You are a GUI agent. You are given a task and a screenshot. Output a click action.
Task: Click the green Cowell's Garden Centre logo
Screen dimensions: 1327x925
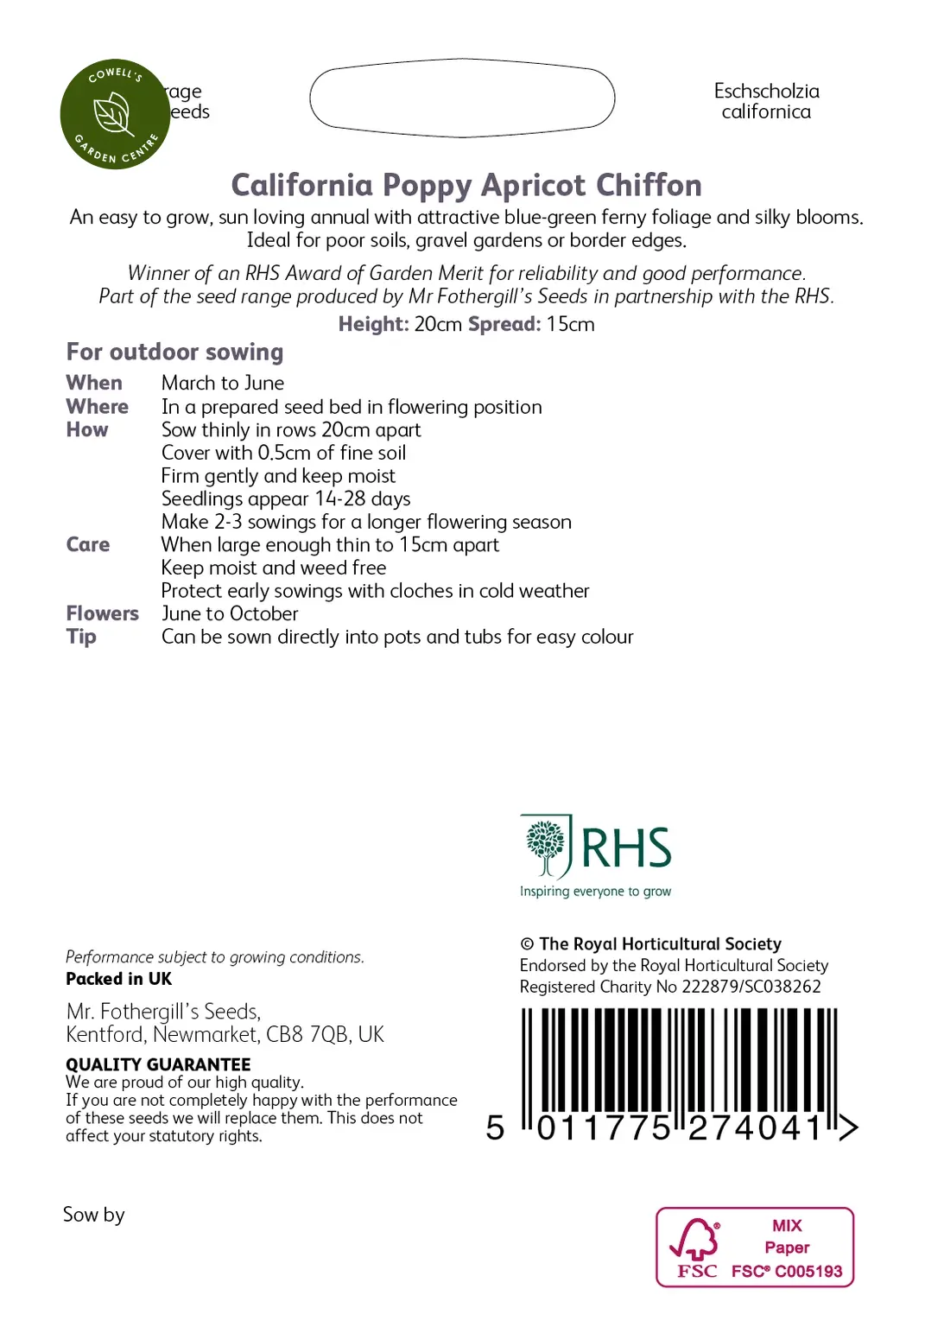click(x=115, y=114)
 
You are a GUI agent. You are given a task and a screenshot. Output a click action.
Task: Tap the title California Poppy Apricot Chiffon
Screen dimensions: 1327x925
click(x=466, y=185)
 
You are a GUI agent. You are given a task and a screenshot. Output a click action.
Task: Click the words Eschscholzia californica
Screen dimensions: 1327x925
click(x=766, y=101)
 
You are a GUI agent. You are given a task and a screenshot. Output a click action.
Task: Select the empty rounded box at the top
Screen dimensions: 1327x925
click(x=462, y=98)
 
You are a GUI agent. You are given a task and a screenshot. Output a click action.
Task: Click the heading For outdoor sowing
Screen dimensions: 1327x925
click(x=174, y=352)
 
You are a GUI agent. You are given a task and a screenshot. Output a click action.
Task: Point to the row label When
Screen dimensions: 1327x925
click(x=94, y=383)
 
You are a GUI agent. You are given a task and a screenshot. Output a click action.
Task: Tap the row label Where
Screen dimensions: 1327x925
click(x=97, y=406)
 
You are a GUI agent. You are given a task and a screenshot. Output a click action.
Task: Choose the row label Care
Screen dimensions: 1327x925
click(x=87, y=544)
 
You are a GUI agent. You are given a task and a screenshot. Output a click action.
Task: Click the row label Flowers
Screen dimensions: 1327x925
click(x=102, y=613)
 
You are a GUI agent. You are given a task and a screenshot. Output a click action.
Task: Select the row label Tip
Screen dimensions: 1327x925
click(x=81, y=637)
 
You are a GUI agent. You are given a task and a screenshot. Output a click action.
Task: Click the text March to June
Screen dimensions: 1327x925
click(x=223, y=383)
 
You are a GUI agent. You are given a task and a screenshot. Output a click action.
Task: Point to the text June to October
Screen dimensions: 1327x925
click(x=230, y=613)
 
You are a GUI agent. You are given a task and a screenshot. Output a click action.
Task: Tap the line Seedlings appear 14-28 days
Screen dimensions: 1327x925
click(x=286, y=498)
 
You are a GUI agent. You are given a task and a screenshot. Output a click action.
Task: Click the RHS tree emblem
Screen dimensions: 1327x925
click(x=546, y=846)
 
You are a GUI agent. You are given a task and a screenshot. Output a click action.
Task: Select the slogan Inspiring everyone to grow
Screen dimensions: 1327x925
click(x=595, y=892)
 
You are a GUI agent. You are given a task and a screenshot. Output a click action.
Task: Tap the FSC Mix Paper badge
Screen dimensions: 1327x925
click(x=755, y=1247)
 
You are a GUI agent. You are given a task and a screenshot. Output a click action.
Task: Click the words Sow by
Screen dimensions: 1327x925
click(x=93, y=1215)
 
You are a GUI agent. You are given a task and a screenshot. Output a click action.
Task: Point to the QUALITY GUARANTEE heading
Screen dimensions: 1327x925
click(x=158, y=1064)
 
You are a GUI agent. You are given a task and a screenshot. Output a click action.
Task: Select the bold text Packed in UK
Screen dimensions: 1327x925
click(x=118, y=979)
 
